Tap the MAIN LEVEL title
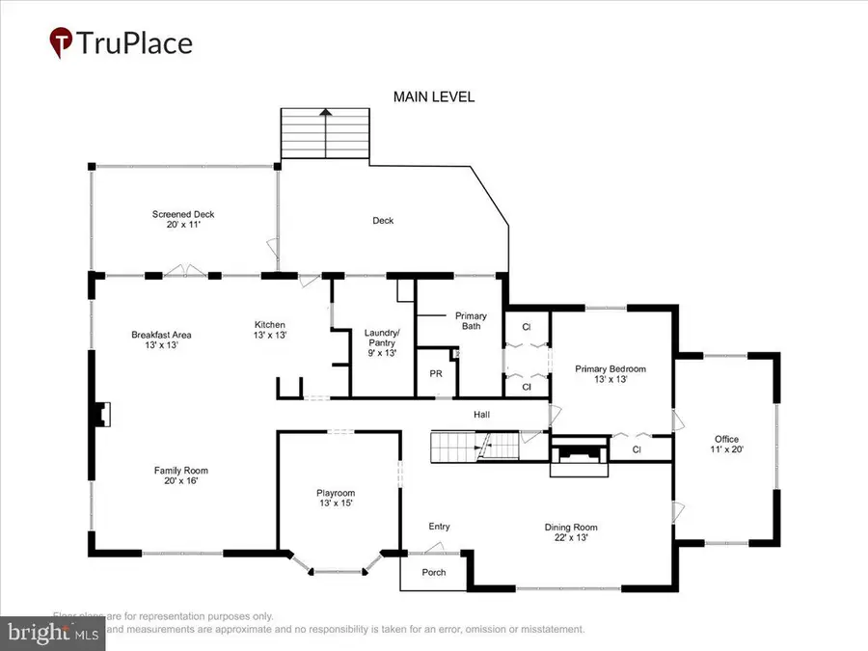coord(433,97)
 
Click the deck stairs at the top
coord(325,135)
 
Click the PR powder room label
coord(436,373)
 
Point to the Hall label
coord(481,415)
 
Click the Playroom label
coord(337,499)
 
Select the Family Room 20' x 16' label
coord(181,476)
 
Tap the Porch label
coord(435,572)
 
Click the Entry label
coord(439,527)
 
